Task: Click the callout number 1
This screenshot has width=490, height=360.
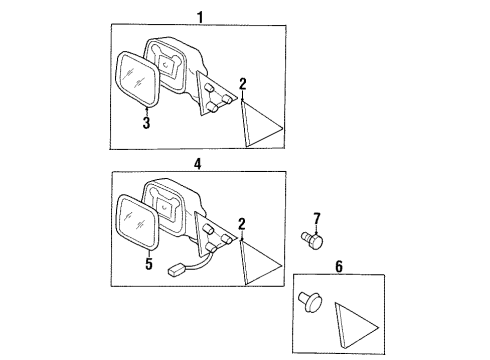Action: pyautogui.click(x=199, y=17)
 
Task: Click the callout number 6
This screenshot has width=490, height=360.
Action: pyautogui.click(x=339, y=267)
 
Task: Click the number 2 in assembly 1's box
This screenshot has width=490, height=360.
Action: pyautogui.click(x=243, y=84)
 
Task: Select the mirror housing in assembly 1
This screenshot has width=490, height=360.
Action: pyautogui.click(x=172, y=66)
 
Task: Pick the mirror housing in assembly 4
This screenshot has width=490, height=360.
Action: pyautogui.click(x=172, y=209)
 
